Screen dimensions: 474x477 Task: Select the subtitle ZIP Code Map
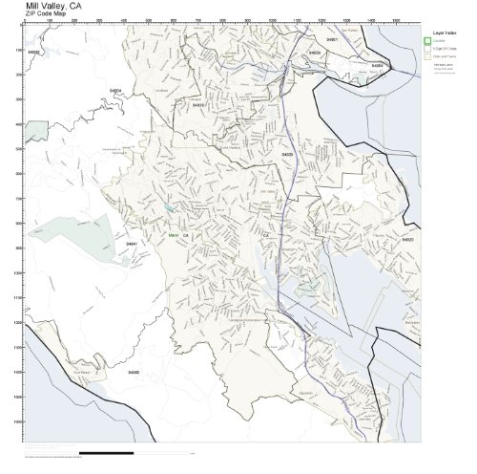(x=50, y=15)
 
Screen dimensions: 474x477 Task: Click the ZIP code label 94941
(x=132, y=245)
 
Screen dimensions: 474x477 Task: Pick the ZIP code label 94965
(x=134, y=373)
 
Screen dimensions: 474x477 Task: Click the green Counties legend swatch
(x=426, y=41)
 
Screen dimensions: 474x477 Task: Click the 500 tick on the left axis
(x=19, y=148)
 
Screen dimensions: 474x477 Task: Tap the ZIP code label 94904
(x=115, y=90)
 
